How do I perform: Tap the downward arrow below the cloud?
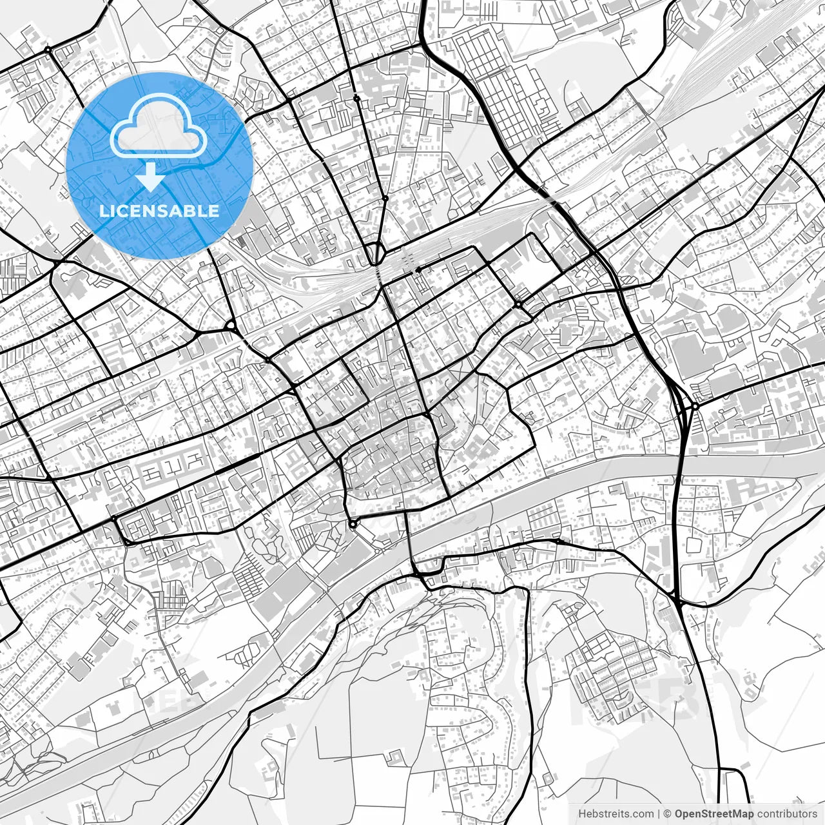tap(151, 177)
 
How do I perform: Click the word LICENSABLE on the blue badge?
tap(159, 211)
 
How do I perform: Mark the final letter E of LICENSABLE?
tap(214, 211)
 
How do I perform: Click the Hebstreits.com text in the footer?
tap(615, 814)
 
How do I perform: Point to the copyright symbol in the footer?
tap(668, 814)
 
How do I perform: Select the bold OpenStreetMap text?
tap(714, 814)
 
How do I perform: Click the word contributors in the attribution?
tap(786, 814)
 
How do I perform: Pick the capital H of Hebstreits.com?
tap(582, 814)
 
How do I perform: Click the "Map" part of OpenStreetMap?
tap(743, 814)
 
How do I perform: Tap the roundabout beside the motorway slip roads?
tap(695, 407)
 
